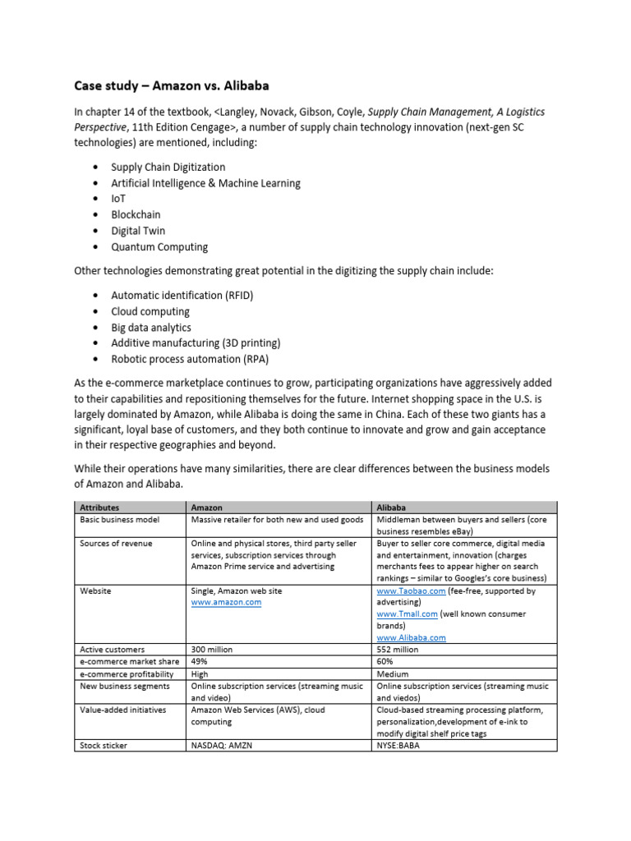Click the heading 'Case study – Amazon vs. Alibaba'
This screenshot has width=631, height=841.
[172, 85]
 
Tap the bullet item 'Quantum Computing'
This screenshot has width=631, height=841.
[159, 247]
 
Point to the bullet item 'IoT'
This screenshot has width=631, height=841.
[119, 199]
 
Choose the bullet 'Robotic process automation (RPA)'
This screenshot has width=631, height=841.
[190, 359]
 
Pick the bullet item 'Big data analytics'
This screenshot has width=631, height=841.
[151, 327]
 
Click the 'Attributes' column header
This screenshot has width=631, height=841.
[99, 508]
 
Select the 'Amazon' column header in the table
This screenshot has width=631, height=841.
[206, 508]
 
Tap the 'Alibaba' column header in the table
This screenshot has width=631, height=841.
[391, 508]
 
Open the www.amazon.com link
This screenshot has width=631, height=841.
[226, 602]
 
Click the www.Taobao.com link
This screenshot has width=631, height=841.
[412, 591]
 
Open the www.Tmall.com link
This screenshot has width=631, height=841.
[408, 614]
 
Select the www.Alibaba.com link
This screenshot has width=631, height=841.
[412, 637]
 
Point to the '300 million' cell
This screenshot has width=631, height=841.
[212, 649]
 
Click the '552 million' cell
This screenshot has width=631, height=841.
[398, 649]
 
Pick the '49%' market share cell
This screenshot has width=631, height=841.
[200, 661]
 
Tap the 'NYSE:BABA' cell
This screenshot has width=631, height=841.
[398, 746]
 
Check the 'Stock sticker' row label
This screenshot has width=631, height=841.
[104, 746]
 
